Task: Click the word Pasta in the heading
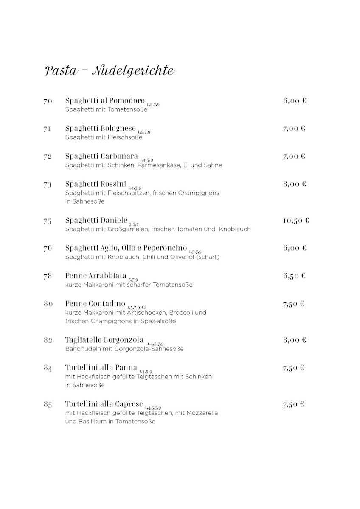pos(61,70)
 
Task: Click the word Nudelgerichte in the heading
pos(133,70)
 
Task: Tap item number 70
pos(48,101)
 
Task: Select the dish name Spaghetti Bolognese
pos(101,128)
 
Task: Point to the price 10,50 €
pos(296,221)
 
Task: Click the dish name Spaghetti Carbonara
pos(101,156)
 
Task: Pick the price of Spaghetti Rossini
pos(295,184)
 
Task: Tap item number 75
pos(48,221)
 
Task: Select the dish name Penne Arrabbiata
pos(96,276)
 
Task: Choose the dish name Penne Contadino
pos(96,304)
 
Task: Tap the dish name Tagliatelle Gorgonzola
pos(104,340)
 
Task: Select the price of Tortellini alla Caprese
pos(294,404)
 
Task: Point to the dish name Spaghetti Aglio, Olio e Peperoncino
pos(126,248)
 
